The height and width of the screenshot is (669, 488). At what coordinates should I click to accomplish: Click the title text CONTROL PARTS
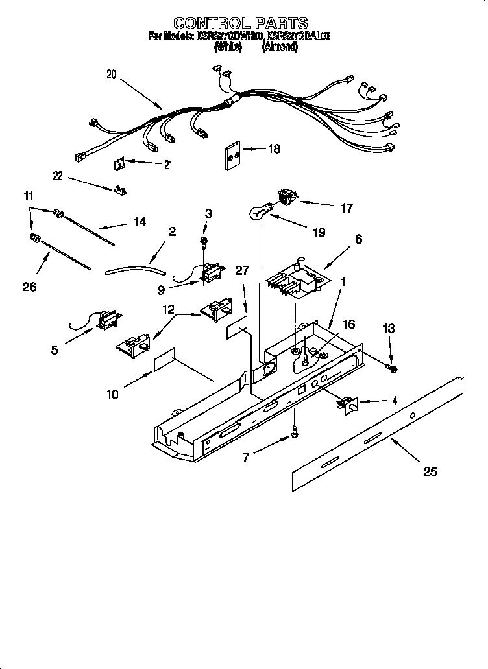pyautogui.click(x=241, y=24)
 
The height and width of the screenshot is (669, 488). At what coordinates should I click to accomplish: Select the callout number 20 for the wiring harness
pyautogui.click(x=111, y=75)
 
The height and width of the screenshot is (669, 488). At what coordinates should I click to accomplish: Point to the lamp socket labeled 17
pyautogui.click(x=286, y=196)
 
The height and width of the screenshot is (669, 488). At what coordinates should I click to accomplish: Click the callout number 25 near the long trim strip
pyautogui.click(x=430, y=471)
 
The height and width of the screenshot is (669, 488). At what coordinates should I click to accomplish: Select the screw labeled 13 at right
pyautogui.click(x=392, y=368)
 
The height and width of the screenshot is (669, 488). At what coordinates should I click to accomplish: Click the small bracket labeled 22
pyautogui.click(x=119, y=190)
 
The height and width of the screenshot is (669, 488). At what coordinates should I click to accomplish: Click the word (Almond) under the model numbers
pyautogui.click(x=280, y=47)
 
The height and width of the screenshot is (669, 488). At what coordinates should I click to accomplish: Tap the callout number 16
pyautogui.click(x=348, y=324)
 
